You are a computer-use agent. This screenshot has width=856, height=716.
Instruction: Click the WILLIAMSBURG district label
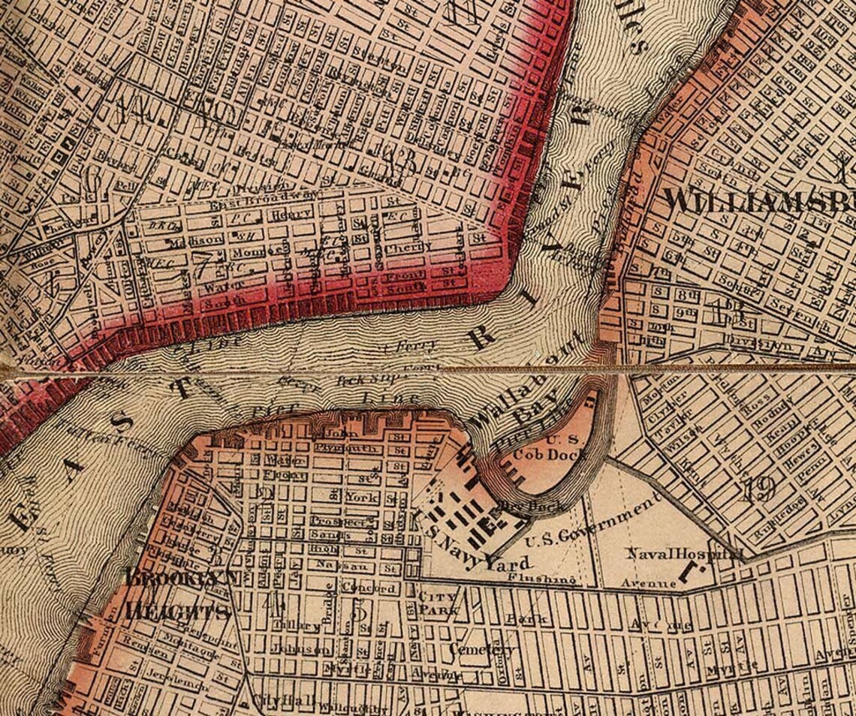[x=759, y=201]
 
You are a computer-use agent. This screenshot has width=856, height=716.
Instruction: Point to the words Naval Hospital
[x=686, y=554]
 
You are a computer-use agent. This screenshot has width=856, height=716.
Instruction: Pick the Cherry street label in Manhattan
[x=409, y=247]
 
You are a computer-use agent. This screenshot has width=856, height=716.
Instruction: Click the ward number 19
[x=758, y=490]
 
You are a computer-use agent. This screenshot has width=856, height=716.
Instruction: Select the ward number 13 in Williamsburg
[x=728, y=308]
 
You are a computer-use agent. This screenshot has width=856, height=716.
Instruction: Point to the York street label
[x=362, y=497]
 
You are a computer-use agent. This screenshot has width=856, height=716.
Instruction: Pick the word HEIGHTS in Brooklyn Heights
[x=177, y=612]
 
